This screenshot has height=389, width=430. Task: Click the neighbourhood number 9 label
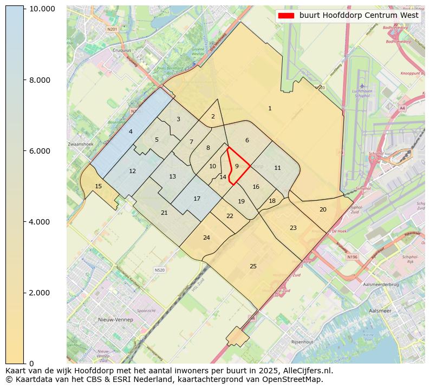pos(237,166)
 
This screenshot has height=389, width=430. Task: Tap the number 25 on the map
pos(253,266)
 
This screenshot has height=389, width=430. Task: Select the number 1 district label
pos(270,109)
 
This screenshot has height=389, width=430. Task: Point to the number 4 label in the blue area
pos(131,131)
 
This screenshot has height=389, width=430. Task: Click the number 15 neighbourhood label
pos(98,186)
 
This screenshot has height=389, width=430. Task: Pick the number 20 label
pos(323,209)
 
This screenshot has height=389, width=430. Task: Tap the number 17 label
pos(197,199)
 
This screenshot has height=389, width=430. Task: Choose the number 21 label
pos(164,213)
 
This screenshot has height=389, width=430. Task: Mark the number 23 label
pos(293,228)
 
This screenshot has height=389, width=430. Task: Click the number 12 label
pos(132,171)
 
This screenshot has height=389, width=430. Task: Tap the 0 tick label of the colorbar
pos(31,363)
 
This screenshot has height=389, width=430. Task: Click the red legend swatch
pos(286,16)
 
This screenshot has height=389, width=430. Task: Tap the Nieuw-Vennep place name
pos(115,320)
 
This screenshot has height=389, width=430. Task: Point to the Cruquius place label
pos(121,50)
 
